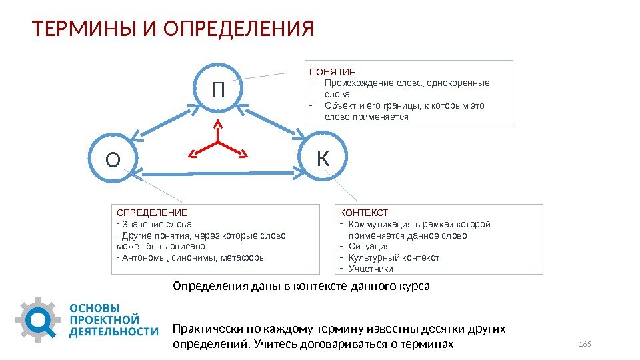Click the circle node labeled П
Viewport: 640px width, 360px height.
pos(217,88)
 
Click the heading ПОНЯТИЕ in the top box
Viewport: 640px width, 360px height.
pos(331,71)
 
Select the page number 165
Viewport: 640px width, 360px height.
pos(585,343)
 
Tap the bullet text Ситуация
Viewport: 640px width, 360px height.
pos(369,246)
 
